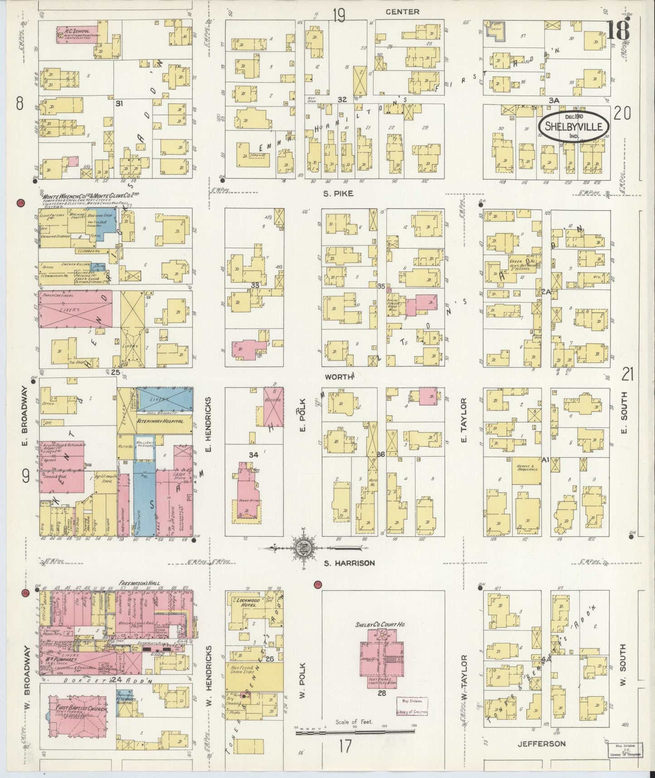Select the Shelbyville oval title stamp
click(x=573, y=125)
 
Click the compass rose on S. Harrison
click(x=302, y=548)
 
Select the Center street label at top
click(x=402, y=12)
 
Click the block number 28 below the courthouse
click(x=381, y=693)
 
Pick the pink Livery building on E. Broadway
click(x=75, y=310)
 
